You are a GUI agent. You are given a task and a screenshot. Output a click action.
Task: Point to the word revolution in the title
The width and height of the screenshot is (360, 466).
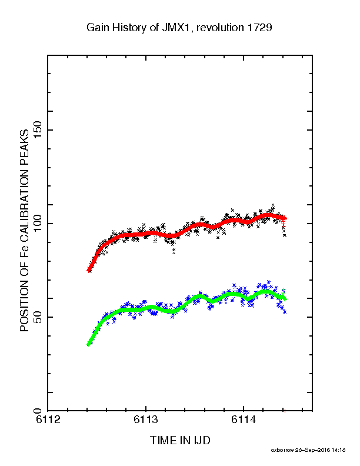[220, 28]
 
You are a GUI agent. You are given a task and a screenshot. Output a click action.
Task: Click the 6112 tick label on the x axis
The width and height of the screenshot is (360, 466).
[48, 420]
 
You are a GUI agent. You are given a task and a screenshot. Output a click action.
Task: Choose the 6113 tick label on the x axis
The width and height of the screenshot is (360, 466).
[146, 420]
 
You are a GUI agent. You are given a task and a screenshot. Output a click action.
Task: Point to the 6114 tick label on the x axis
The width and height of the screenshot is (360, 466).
[244, 420]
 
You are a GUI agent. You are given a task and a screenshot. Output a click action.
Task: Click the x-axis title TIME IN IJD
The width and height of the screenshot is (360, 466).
[180, 440]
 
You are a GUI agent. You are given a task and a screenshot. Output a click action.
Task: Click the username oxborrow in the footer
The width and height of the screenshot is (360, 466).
[282, 450]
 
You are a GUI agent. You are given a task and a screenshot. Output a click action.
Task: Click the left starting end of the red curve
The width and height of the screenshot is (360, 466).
[88, 270]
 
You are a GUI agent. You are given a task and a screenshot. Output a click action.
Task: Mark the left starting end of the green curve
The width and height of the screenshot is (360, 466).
[88, 344]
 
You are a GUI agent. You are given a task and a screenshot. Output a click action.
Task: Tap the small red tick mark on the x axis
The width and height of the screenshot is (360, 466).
[285, 411]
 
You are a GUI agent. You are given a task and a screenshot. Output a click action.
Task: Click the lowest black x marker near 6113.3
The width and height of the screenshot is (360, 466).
[174, 252]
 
